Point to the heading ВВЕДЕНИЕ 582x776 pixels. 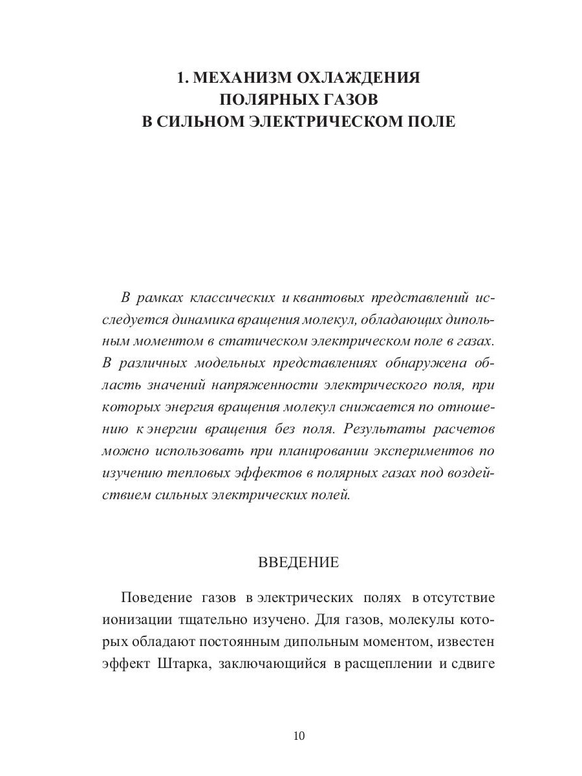(x=298, y=562)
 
